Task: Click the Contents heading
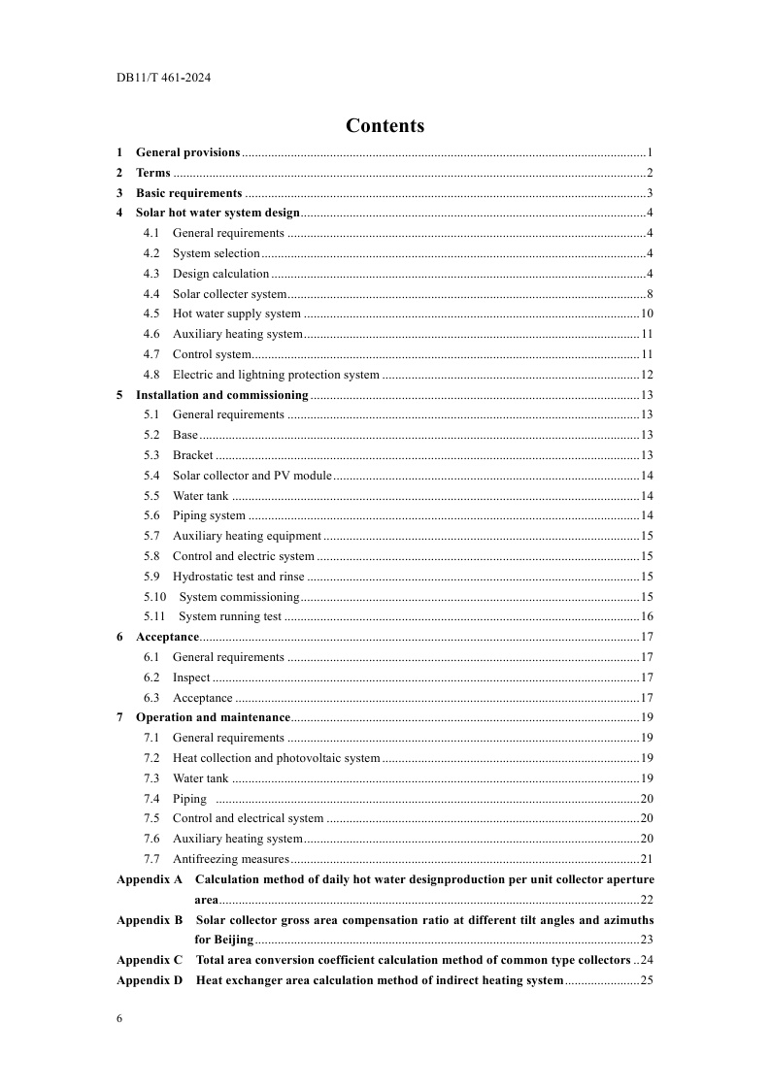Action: click(385, 126)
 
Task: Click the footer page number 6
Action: click(119, 1018)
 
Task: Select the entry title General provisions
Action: click(187, 152)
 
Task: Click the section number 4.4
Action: click(151, 294)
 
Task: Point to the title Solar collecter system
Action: click(229, 294)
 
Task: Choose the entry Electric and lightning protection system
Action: click(276, 375)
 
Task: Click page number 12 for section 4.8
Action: click(646, 375)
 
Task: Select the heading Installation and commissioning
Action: click(221, 395)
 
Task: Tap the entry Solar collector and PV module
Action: click(251, 476)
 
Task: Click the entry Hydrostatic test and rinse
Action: click(238, 577)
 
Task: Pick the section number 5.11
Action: click(154, 616)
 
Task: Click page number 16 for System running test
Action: click(646, 616)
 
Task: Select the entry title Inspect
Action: click(191, 677)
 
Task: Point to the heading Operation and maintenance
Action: click(213, 717)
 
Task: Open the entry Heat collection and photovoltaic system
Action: click(276, 758)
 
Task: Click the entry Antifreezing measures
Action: click(230, 859)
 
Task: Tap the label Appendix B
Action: click(150, 919)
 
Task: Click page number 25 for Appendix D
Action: click(646, 980)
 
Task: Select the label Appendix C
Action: click(150, 960)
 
